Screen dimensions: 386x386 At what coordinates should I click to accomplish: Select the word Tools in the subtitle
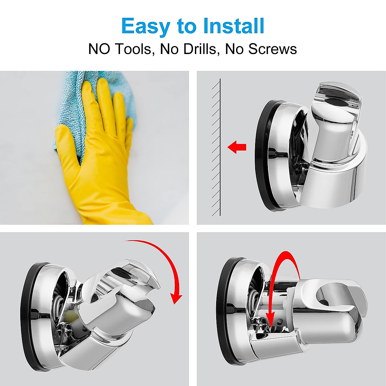click(x=133, y=49)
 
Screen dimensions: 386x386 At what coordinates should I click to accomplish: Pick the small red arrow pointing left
click(x=237, y=147)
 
